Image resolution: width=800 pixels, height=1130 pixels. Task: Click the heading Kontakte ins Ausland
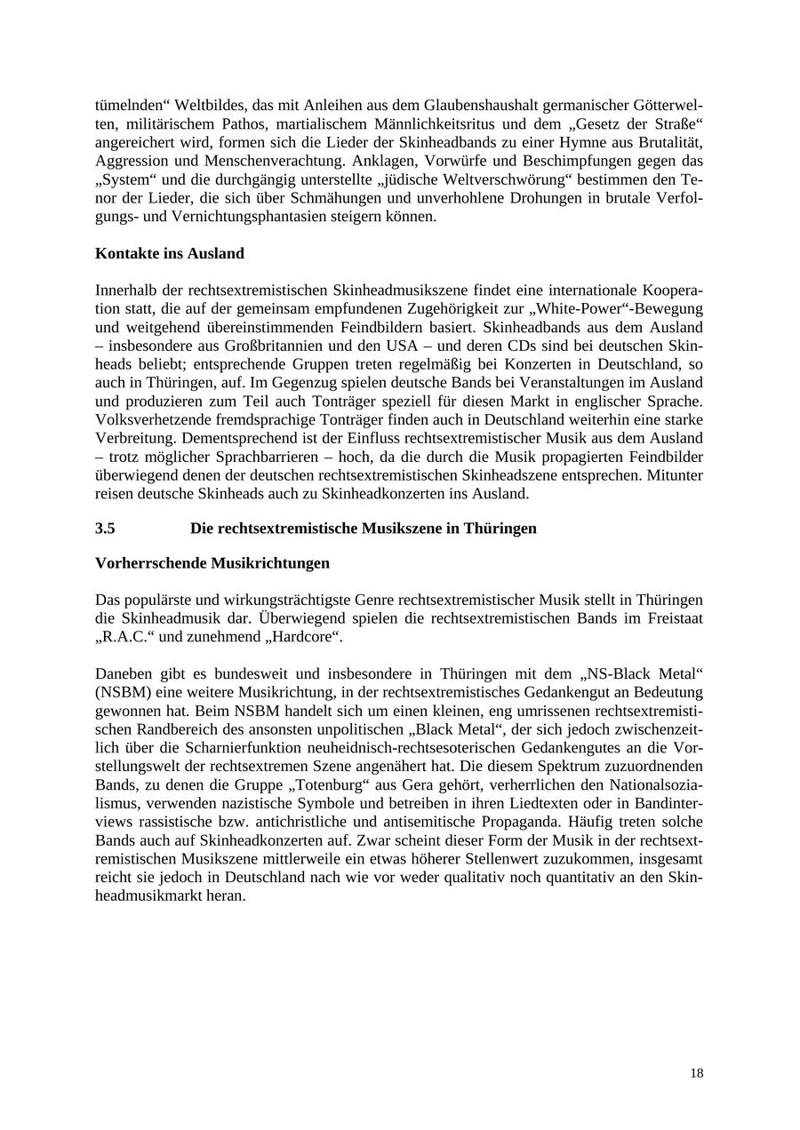tap(169, 253)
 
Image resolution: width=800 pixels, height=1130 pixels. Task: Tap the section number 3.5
tap(105, 529)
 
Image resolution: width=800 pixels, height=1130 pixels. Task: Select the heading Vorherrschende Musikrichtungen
tap(212, 563)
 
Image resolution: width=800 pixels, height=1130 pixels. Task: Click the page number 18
tap(696, 1073)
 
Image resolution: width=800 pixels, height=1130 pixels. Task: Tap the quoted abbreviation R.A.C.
tap(124, 637)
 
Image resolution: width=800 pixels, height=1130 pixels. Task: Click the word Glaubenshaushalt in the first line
tap(407, 105)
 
